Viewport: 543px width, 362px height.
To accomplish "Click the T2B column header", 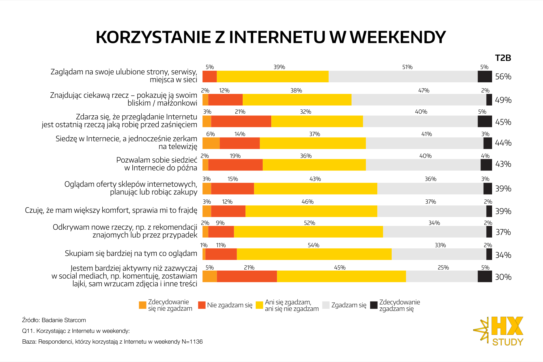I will click(x=503, y=58).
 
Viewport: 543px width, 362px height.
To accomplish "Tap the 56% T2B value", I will click(x=503, y=77).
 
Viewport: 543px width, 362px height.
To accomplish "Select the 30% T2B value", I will click(x=503, y=277).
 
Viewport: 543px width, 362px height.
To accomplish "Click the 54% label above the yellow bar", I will click(x=313, y=245).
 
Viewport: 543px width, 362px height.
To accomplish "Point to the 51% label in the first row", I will click(x=407, y=67).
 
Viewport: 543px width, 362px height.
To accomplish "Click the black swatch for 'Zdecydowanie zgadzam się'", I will click(x=374, y=305).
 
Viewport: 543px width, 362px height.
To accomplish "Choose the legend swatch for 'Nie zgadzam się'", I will click(x=202, y=305).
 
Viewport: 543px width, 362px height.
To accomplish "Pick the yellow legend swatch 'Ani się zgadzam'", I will click(x=259, y=305).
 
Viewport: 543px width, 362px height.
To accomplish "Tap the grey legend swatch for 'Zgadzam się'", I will click(x=326, y=305).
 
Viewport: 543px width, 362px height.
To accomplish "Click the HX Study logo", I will click(x=499, y=331).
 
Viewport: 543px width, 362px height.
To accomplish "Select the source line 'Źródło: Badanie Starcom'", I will click(x=54, y=320).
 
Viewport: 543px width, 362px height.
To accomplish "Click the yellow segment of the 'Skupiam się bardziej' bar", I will click(x=314, y=254).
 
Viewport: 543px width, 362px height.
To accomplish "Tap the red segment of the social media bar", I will click(x=247, y=276).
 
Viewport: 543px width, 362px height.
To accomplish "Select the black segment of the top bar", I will click(x=485, y=77).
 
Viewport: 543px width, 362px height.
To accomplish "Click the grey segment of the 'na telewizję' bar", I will click(x=424, y=143).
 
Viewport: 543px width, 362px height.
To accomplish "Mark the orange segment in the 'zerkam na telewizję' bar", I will click(x=211, y=143).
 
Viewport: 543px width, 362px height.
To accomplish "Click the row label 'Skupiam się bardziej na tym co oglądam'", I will click(x=131, y=253).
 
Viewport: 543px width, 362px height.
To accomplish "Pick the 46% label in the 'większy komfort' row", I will click(x=307, y=202).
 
